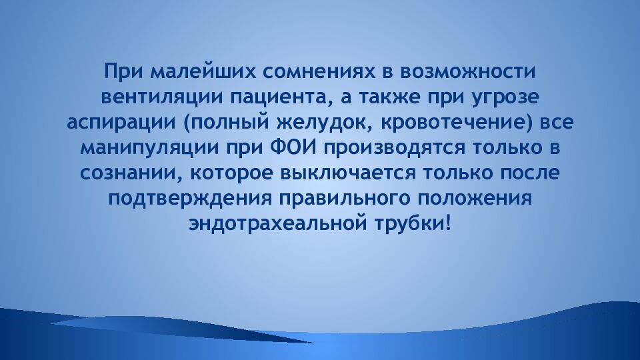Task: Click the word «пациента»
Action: point(279,97)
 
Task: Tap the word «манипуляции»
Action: point(149,148)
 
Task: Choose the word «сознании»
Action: point(129,173)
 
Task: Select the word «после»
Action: point(529,173)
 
